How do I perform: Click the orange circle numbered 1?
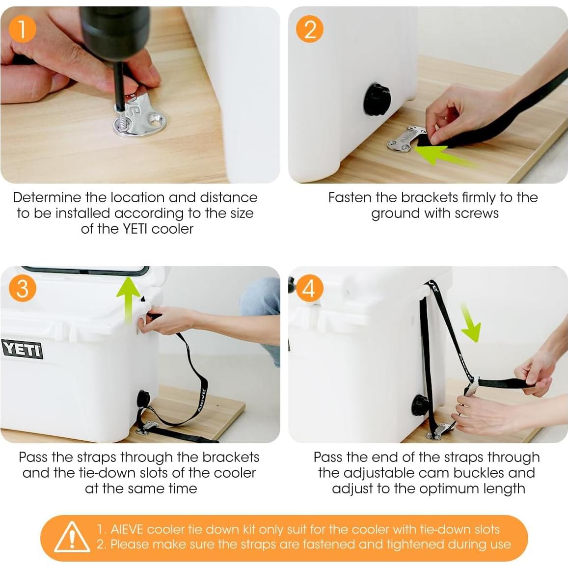click(x=23, y=29)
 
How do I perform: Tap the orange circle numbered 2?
click(x=310, y=29)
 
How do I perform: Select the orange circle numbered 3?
click(x=23, y=289)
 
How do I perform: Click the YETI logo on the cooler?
click(x=23, y=350)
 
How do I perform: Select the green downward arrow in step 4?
click(x=471, y=323)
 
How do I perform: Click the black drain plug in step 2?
click(x=377, y=99)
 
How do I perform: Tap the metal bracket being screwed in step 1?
click(x=139, y=116)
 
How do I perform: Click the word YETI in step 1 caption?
click(x=135, y=229)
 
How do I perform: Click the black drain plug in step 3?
click(x=143, y=399)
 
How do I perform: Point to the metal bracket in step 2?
click(x=406, y=138)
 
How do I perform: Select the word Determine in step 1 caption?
click(x=47, y=197)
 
